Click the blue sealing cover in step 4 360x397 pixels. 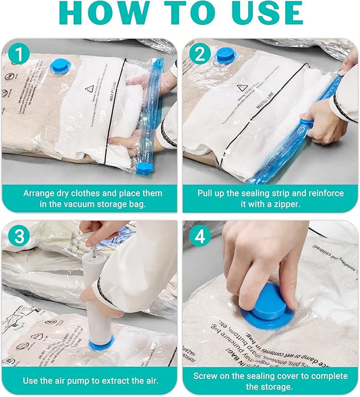268,306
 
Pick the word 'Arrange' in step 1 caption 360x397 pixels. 41,193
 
